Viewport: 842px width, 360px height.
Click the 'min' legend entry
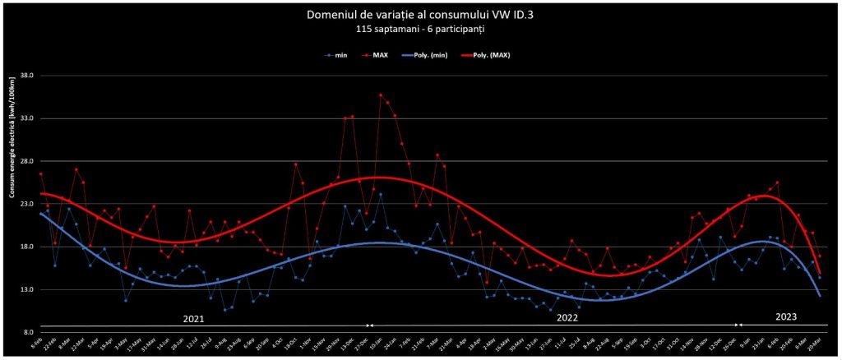tap(337, 55)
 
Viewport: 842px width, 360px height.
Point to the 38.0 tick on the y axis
tap(25, 76)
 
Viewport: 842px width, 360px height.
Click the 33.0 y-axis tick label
tap(25, 118)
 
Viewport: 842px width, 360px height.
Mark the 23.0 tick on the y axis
tap(25, 204)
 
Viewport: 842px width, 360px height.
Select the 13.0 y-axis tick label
tap(25, 289)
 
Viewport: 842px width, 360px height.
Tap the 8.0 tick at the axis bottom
tap(27, 332)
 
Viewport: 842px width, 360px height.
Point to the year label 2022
tap(567, 317)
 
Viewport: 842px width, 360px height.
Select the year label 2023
tap(787, 316)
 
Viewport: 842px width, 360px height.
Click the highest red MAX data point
tap(380, 95)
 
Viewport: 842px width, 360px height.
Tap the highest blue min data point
tap(380, 194)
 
